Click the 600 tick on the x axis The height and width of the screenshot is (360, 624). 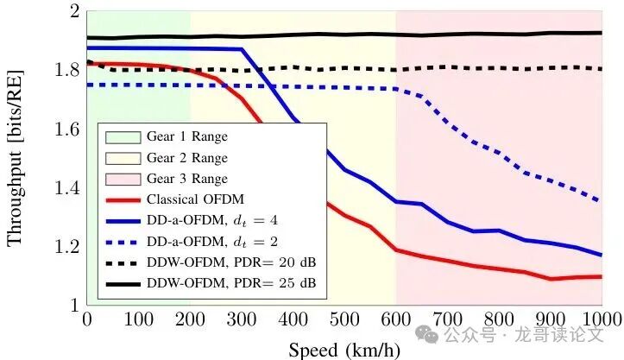tap(395, 318)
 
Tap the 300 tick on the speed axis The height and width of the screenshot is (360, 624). tap(241, 318)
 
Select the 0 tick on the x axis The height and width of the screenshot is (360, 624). tap(86, 318)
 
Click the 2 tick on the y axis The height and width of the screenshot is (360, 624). tap(74, 12)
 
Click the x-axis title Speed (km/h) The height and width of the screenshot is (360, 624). tap(344, 350)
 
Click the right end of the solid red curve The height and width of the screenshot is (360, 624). tap(601, 276)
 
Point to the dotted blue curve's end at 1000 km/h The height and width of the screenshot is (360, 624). tap(601, 201)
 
